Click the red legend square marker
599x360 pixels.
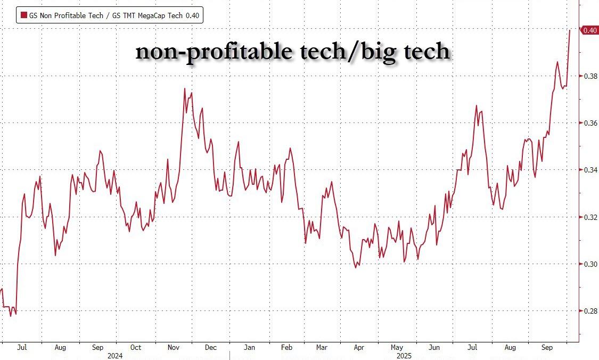[23, 15]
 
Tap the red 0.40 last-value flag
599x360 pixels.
[589, 30]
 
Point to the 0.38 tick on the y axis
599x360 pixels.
[590, 77]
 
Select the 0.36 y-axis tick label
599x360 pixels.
[590, 124]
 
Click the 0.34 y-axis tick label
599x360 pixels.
[590, 170]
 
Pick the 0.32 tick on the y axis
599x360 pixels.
[590, 217]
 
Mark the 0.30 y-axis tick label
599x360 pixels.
[590, 264]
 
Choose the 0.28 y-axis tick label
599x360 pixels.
[590, 311]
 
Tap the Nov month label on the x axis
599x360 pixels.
[174, 348]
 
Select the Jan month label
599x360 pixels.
[249, 348]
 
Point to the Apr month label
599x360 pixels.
[359, 348]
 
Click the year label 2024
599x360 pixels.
[116, 355]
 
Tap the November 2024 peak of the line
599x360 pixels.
[185, 88]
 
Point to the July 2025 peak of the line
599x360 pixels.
[477, 105]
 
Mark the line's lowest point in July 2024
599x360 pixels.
[11, 316]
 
